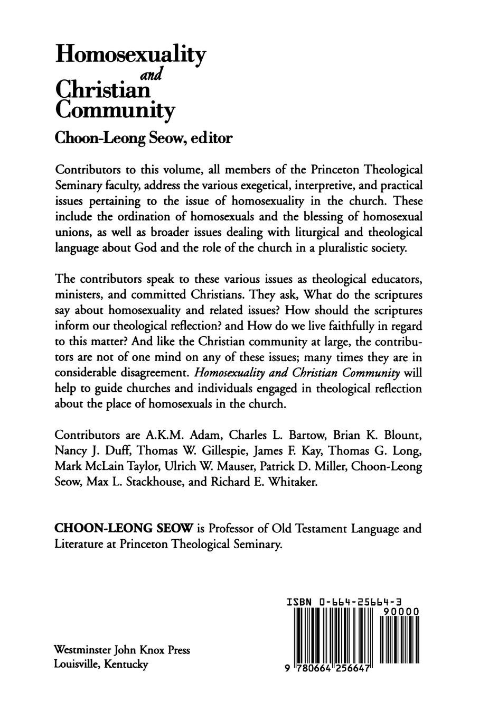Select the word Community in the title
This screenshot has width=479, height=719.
tap(115, 111)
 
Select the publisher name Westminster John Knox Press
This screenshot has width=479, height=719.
tap(122, 650)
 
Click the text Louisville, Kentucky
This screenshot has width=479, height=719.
tap(101, 664)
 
